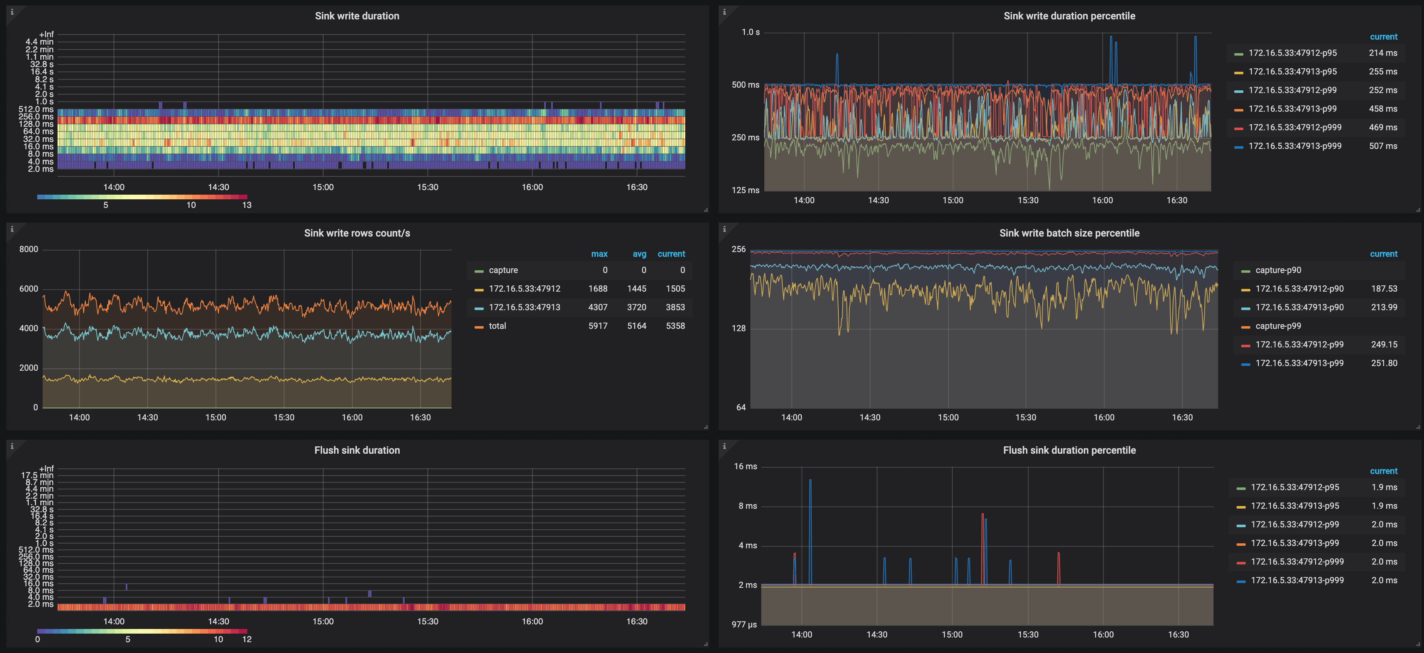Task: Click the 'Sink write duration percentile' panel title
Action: pos(1069,16)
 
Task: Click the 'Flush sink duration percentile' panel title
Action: pos(1069,450)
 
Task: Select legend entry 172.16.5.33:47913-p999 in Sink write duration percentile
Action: pos(1294,146)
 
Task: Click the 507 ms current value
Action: pos(1383,146)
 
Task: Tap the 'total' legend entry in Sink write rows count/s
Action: pos(497,326)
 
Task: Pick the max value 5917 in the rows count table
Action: pos(598,326)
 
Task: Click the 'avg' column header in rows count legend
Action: pos(639,254)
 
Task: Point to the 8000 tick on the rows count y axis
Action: pos(29,249)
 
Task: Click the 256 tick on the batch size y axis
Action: pos(738,249)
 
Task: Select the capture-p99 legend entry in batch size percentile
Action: pos(1277,326)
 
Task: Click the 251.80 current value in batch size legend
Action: pos(1384,363)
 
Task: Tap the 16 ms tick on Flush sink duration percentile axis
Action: pos(745,466)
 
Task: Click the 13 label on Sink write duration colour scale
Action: pos(247,205)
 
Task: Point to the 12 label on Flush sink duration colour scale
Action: pos(247,639)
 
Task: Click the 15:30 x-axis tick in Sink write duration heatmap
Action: pos(427,187)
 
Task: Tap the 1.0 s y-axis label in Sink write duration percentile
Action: pos(750,32)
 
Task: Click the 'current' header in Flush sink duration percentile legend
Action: pos(1383,471)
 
